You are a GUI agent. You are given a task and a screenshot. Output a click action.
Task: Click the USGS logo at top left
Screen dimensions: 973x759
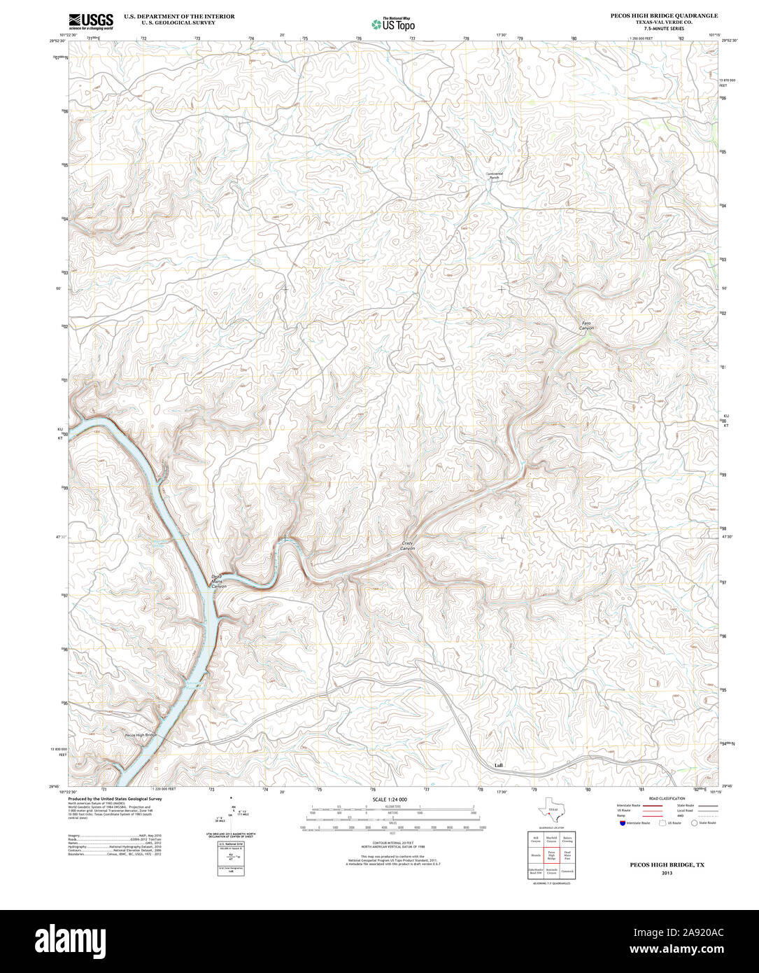(91, 21)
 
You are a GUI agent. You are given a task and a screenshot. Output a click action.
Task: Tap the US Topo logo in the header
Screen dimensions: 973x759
(392, 24)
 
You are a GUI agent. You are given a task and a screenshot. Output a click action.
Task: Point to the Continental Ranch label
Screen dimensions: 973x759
(495, 176)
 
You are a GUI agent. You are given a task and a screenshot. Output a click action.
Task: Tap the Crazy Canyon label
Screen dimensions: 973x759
(407, 546)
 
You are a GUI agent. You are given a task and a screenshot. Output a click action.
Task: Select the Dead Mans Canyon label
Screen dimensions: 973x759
(219, 581)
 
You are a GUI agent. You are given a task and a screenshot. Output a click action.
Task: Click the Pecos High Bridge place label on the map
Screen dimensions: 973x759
(140, 735)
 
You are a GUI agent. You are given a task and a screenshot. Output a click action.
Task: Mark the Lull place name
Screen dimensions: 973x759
(498, 765)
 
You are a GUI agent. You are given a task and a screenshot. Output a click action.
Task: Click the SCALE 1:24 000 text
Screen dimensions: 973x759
(390, 799)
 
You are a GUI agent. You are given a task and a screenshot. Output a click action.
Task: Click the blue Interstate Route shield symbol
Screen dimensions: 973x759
(621, 823)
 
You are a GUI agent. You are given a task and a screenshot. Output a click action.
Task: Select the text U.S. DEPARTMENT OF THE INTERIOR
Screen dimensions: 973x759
(179, 15)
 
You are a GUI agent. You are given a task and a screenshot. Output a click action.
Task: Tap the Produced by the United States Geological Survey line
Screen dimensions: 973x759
(115, 799)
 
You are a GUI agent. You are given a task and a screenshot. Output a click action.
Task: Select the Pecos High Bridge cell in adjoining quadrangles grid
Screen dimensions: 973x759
(551, 855)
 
